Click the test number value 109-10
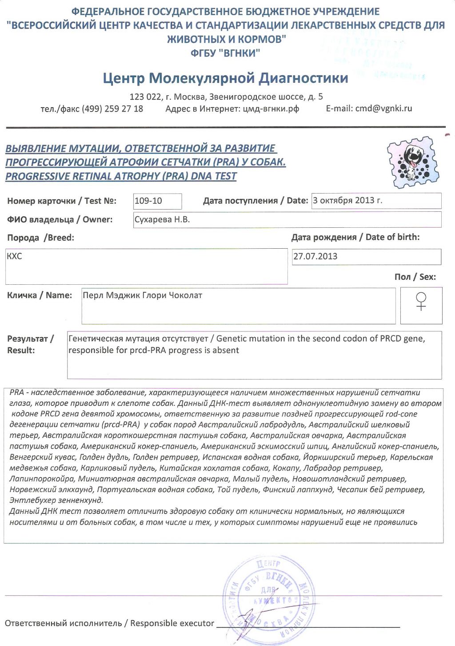click(x=148, y=201)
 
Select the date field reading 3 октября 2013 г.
click(x=347, y=200)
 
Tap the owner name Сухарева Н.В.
click(x=162, y=219)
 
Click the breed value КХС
click(x=14, y=256)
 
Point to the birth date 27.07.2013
click(x=315, y=256)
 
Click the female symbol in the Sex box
click(x=421, y=301)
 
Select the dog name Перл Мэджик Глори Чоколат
click(x=142, y=295)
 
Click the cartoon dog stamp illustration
click(x=413, y=161)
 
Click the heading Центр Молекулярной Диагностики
click(x=225, y=78)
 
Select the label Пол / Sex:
click(x=415, y=277)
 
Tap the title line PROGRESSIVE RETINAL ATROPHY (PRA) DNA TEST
click(x=121, y=176)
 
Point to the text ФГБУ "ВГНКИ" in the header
click(x=225, y=53)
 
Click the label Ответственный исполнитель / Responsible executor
click(x=109, y=623)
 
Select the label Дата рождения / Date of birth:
click(x=355, y=237)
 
